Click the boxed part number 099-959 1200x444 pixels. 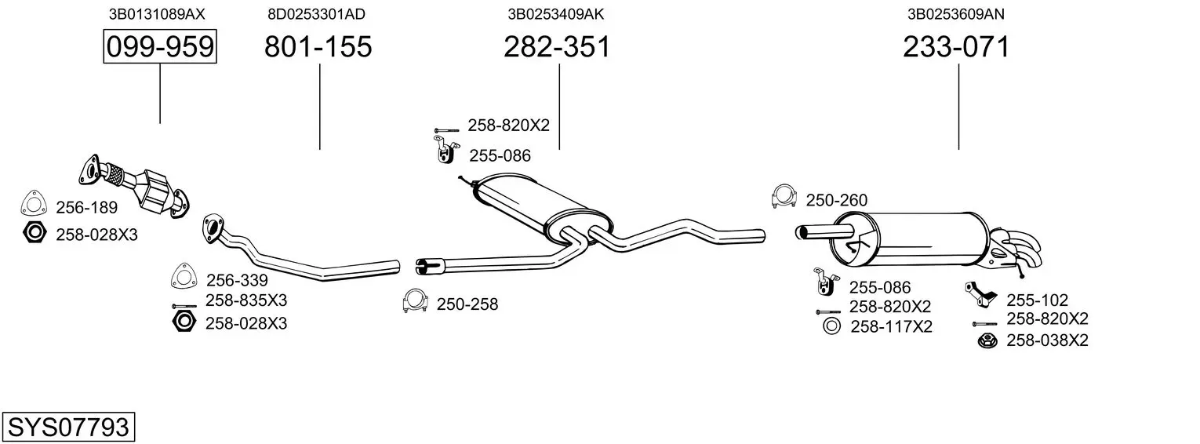(x=160, y=46)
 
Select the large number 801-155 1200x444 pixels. (x=318, y=46)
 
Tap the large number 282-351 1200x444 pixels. (x=557, y=46)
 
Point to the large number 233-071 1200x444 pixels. (x=956, y=46)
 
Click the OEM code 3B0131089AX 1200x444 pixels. (x=157, y=14)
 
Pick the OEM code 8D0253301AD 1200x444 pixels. (x=317, y=14)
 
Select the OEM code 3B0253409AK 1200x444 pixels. (x=555, y=14)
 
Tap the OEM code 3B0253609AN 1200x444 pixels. (x=956, y=14)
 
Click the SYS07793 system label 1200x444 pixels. (x=68, y=427)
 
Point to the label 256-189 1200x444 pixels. (x=87, y=207)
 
